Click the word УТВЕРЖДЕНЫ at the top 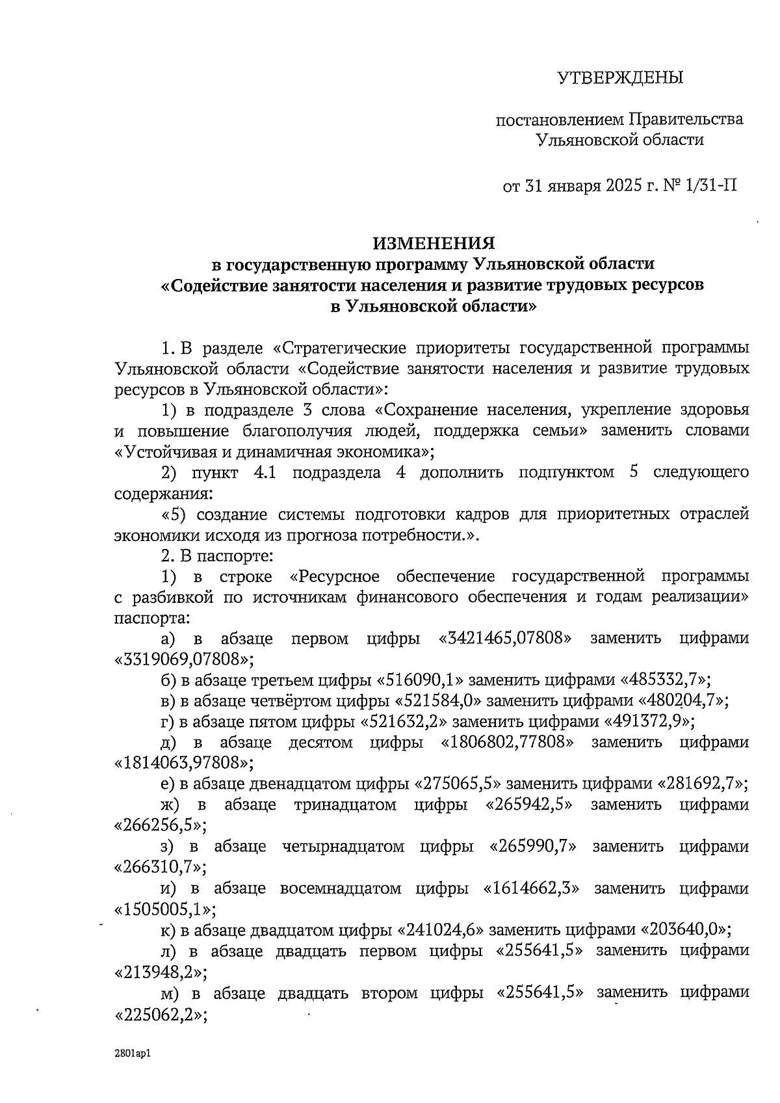(621, 78)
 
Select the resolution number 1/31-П (711, 187)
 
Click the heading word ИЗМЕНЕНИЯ (434, 243)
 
